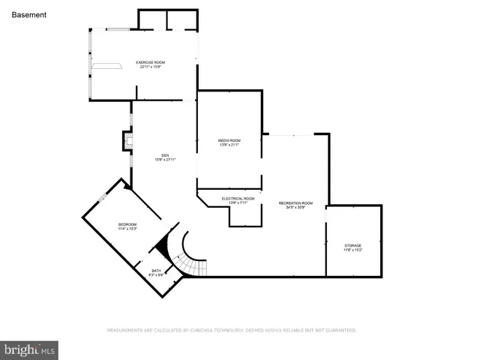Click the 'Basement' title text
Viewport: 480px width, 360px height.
[29, 14]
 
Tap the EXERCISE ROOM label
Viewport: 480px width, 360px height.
[150, 61]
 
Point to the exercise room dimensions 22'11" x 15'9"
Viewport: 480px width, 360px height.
[150, 67]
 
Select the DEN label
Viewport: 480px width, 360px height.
[164, 155]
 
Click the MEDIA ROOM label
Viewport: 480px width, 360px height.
[229, 140]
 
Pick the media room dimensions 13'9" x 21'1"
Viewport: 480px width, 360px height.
[229, 145]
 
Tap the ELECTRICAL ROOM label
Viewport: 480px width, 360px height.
[238, 199]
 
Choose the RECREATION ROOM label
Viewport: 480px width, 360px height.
[295, 203]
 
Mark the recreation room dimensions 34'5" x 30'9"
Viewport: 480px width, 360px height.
[295, 208]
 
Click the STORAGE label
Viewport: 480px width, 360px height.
[352, 245]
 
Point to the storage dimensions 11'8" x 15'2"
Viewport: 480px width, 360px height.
[352, 250]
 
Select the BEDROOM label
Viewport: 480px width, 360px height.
[127, 225]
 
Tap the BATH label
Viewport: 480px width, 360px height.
[156, 271]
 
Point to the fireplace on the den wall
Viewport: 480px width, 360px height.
[127, 142]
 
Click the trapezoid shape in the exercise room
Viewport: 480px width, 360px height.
[106, 66]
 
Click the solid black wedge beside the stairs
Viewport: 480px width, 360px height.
[160, 245]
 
